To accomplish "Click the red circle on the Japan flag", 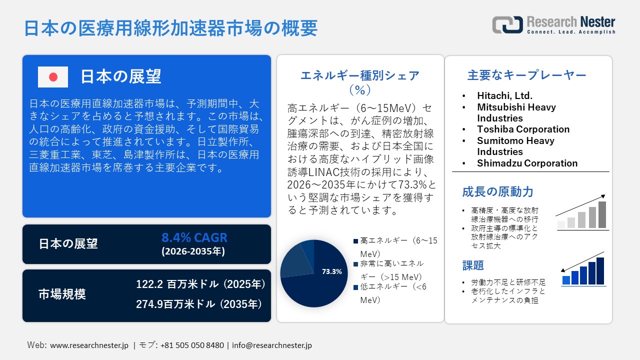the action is pos(53,77).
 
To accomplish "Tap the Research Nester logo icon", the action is pos(507,24).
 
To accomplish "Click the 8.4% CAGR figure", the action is pos(194,237).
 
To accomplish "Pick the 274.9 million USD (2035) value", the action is pos(199,304).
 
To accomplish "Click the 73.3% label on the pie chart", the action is pos(331,271).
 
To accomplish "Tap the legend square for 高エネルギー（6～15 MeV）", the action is pos(355,241).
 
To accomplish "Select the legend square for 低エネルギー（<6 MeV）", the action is pos(355,287).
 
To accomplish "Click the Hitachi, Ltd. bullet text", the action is pos(504,95).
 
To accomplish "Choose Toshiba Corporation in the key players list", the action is pos(523,129).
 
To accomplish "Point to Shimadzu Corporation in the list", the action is pos(527,163).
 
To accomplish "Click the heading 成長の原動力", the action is pos(497,191).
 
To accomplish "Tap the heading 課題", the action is pos(473,265).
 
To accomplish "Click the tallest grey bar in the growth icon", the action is pos(602,214).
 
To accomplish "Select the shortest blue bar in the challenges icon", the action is pos(566,280).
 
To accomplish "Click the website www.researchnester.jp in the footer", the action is pos(89,345).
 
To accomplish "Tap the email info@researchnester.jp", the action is pos(271,345).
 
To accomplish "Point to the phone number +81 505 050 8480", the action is pos(192,345).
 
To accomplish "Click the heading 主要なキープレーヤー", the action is pos(526,75).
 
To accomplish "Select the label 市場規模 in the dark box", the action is pos(62,294).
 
